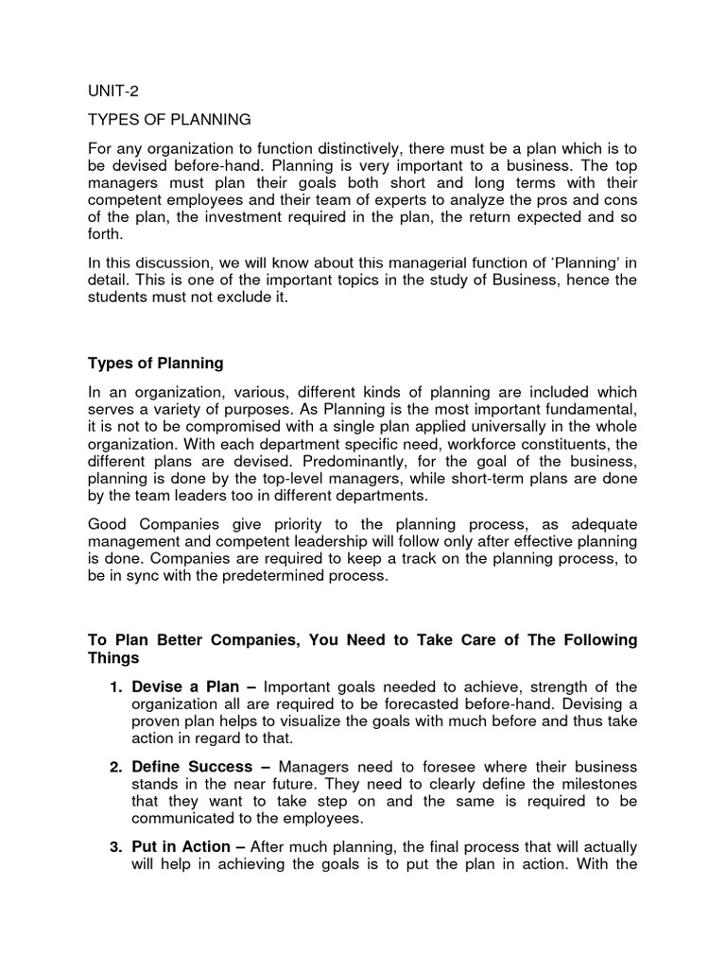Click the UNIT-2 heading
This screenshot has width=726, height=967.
click(x=112, y=91)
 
